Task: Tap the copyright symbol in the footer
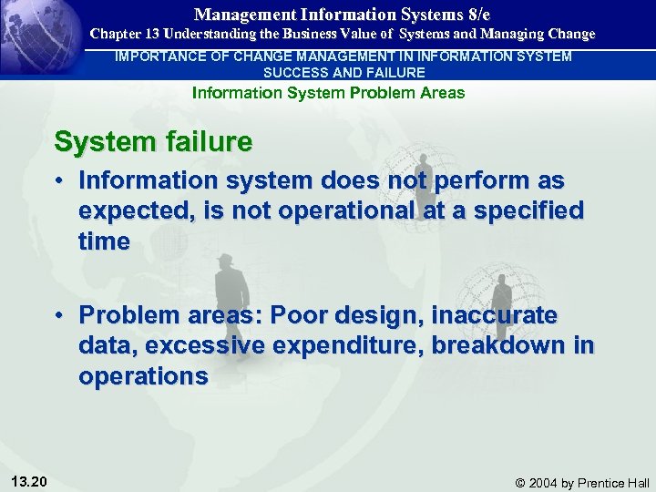(521, 483)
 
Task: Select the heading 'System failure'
(153, 142)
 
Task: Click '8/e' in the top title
(476, 15)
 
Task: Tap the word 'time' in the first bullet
(104, 241)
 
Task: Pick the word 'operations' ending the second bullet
(144, 377)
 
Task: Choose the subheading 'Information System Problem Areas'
(328, 92)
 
